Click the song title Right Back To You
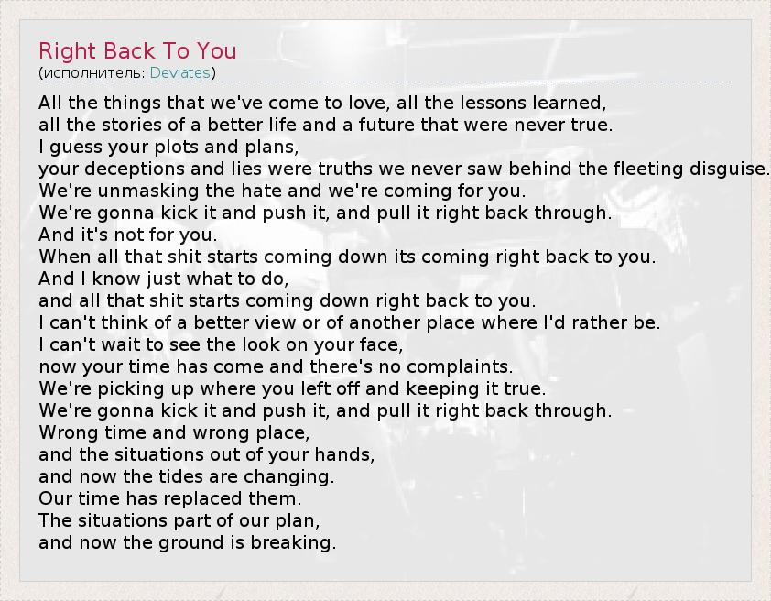(x=137, y=50)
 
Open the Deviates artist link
(x=180, y=72)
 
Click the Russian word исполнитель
(x=92, y=72)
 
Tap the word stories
(x=132, y=125)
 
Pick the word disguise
(x=728, y=169)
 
